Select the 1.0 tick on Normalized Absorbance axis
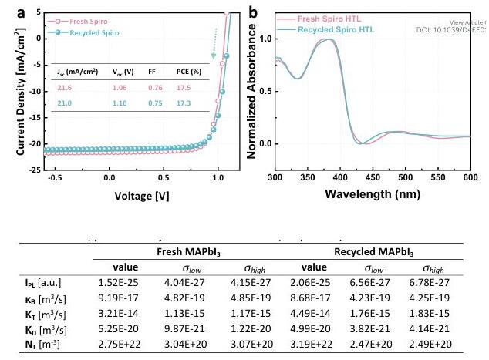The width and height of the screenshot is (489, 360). pyautogui.click(x=264, y=38)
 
